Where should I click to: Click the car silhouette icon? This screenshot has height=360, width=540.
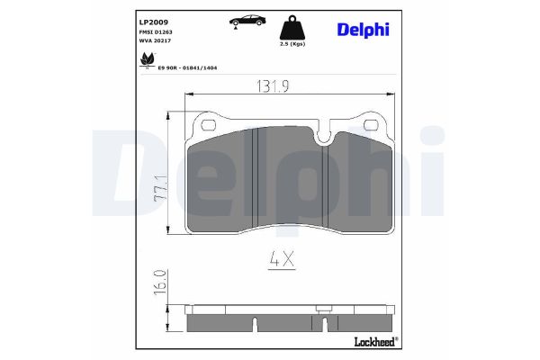click(244, 21)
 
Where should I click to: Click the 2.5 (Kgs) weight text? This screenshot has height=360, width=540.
click(292, 43)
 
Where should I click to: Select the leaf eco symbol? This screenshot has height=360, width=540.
click(144, 61)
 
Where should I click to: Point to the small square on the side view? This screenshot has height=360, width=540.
click(320, 309)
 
